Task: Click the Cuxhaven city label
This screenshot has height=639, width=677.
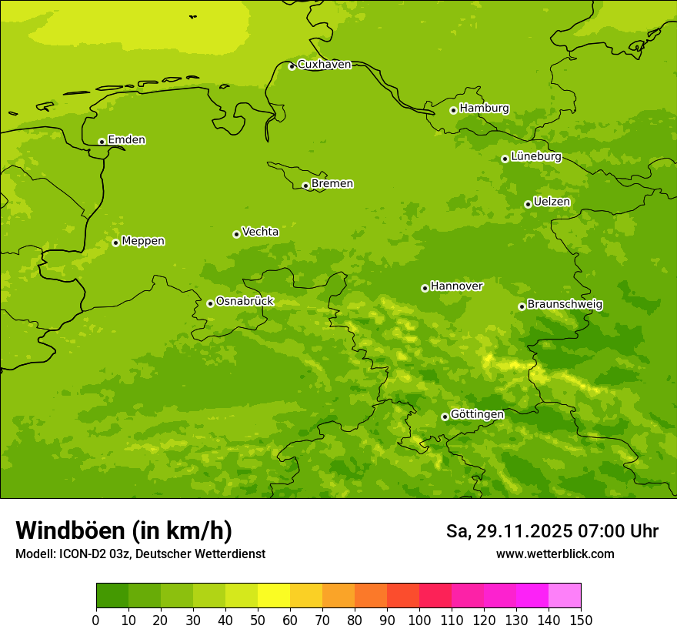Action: [x=324, y=65]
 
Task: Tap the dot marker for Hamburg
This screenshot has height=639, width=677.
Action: [x=453, y=110]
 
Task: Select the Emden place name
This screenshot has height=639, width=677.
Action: [x=126, y=140]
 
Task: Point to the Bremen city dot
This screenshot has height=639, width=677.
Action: [x=305, y=186]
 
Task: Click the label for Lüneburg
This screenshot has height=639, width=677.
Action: [x=535, y=157]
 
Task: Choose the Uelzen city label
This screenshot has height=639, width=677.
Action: [x=552, y=202]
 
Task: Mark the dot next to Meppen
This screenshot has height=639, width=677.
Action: [x=115, y=243]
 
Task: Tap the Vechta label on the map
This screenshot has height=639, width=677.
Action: [x=260, y=232]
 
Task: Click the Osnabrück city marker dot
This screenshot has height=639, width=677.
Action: [x=210, y=303]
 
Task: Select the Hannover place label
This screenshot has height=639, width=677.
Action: [x=456, y=286]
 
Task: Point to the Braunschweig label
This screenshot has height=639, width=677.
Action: [x=565, y=305]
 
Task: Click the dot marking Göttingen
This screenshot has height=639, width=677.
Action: [x=445, y=417]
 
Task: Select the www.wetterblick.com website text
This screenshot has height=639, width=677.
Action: [x=555, y=554]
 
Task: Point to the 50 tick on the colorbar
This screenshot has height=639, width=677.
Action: [x=258, y=620]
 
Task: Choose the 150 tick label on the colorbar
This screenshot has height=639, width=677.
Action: [x=581, y=620]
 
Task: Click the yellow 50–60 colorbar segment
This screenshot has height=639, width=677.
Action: [x=274, y=596]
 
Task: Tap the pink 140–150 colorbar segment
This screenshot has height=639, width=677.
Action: [x=565, y=596]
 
